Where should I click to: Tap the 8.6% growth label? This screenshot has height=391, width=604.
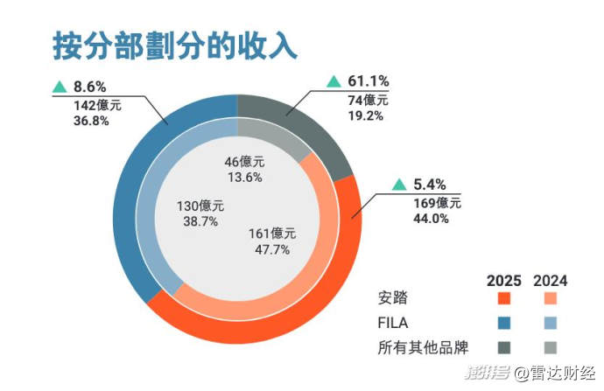90,87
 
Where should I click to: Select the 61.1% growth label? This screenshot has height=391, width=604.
369,82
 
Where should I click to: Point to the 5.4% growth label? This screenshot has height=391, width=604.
431,185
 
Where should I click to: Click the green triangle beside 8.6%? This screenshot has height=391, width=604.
60,87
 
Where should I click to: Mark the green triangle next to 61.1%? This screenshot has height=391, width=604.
334,82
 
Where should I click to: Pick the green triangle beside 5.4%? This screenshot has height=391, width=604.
399,185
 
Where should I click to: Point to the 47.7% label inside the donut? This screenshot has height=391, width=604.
271,249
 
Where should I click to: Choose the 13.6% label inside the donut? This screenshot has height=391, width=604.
245,177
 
